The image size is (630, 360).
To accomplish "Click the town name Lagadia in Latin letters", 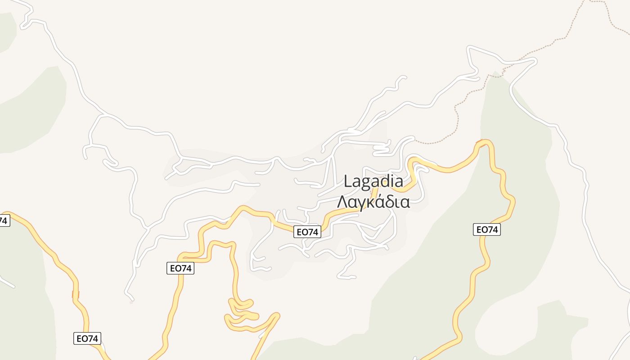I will coord(373,181).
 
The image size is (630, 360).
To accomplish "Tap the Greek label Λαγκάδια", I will coord(373,202).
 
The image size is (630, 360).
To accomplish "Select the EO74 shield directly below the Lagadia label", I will coord(307,232).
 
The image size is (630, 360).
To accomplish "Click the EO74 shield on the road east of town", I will coord(487,229).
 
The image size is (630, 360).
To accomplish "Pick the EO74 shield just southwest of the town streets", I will coord(180,268).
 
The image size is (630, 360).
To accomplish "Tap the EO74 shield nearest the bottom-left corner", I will coord(87,338).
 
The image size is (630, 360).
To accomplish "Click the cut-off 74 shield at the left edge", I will coord(4,220).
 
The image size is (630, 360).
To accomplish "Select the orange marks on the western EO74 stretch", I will coord(75,294).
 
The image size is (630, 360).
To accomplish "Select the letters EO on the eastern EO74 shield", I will coord(481,229).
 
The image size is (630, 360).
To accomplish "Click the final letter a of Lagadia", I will coord(399,182).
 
